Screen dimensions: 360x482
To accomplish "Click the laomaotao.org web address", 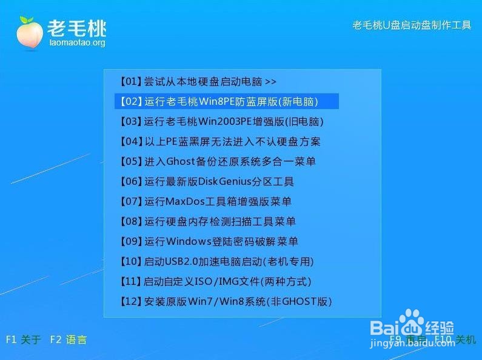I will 76,42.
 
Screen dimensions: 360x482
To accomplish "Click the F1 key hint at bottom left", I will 23,339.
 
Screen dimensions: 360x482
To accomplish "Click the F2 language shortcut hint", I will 68,339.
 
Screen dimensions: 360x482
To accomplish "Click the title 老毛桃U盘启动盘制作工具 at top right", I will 412,25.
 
